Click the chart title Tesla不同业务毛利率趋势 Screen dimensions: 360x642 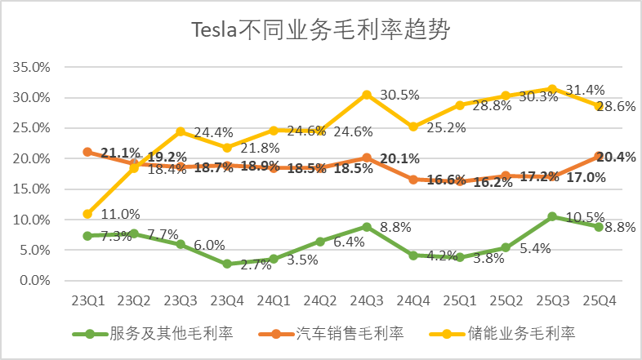click(321, 30)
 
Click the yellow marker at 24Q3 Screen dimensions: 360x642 click(367, 95)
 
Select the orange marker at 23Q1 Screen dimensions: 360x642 click(87, 152)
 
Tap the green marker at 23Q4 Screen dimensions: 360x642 click(227, 264)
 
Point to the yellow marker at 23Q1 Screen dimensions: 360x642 click(87, 214)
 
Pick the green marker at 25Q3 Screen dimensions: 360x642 click(552, 216)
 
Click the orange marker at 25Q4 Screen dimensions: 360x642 click(599, 156)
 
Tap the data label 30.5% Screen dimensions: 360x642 click(399, 95)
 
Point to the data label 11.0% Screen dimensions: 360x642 click(121, 214)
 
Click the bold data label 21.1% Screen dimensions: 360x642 click(120, 152)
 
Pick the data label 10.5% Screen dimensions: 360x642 click(585, 218)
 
